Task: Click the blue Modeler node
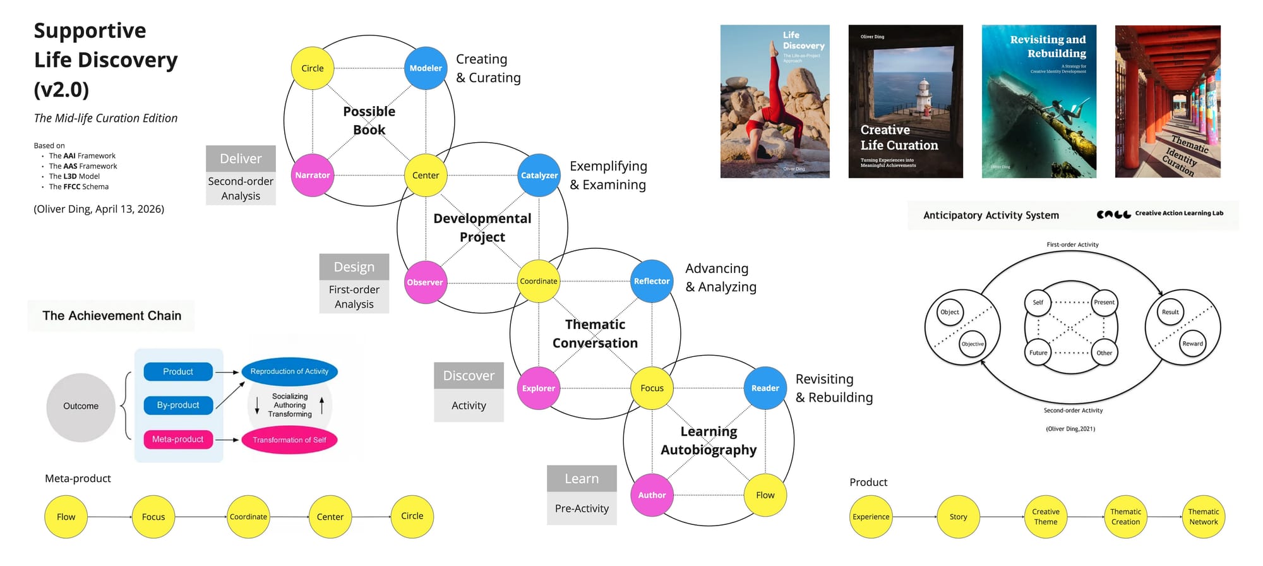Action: click(426, 68)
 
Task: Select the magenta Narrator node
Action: click(313, 175)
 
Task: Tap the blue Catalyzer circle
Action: click(539, 175)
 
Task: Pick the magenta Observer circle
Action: click(425, 282)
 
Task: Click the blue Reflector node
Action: click(652, 281)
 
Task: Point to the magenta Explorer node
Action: click(539, 388)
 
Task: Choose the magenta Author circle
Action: click(652, 495)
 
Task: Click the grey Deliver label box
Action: click(241, 159)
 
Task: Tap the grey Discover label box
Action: click(469, 375)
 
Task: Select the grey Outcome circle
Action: click(81, 406)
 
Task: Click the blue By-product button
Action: click(178, 405)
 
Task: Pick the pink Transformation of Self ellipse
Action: click(289, 440)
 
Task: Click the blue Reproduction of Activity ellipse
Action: click(289, 371)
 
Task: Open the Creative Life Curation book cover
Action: click(906, 101)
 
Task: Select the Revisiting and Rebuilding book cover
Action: click(1039, 101)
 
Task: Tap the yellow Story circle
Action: click(958, 517)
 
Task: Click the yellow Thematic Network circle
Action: click(1203, 517)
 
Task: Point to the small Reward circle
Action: click(1192, 344)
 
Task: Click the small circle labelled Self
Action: click(1038, 303)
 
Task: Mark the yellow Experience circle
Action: click(871, 517)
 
